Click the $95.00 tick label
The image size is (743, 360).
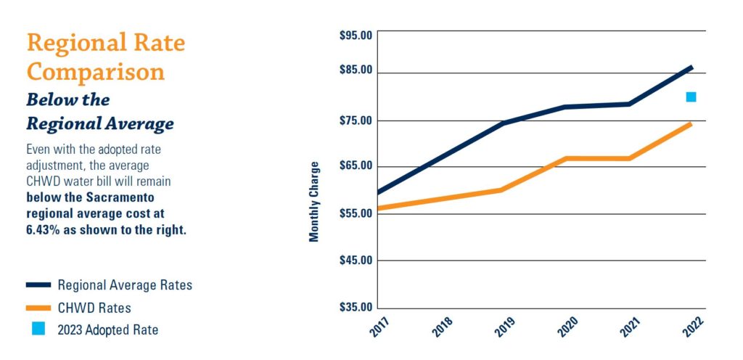click(x=356, y=35)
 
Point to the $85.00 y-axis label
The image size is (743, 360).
click(x=356, y=70)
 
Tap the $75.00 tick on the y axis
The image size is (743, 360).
click(x=356, y=120)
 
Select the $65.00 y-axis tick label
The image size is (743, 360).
click(x=356, y=165)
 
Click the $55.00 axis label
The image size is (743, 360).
click(x=356, y=213)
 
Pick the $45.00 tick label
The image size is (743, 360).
click(x=356, y=260)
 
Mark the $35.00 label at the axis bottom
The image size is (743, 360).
click(x=356, y=307)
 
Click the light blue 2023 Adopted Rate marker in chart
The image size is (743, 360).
click(x=691, y=97)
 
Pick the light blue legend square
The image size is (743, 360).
click(x=38, y=329)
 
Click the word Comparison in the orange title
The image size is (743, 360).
click(x=96, y=72)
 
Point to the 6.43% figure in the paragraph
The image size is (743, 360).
click(x=45, y=230)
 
